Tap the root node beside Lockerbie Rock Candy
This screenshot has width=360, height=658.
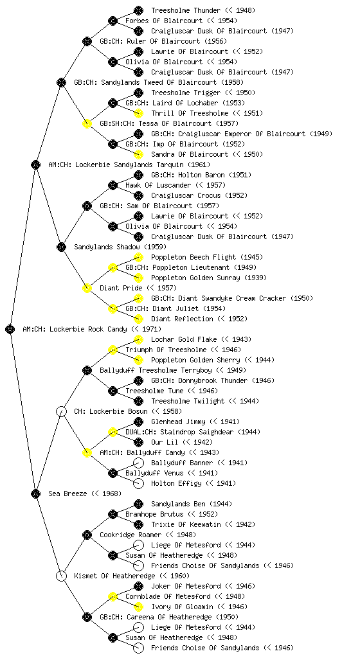coord(10,329)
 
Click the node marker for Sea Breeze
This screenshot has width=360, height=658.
coord(35,493)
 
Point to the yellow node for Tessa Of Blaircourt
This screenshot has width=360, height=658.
coord(87,123)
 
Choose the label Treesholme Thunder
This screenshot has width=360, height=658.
coord(185,10)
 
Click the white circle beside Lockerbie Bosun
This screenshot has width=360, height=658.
coord(61,411)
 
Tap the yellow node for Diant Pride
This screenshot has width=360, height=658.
coord(87,288)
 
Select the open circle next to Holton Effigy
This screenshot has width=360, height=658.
coord(138,483)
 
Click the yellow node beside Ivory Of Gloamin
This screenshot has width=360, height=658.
coord(138,607)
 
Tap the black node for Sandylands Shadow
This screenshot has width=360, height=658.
coord(61,247)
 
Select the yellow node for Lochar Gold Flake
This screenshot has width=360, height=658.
coord(138,339)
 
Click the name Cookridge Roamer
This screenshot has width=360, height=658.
coord(130,535)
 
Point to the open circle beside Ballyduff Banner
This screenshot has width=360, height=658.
coord(138,463)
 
